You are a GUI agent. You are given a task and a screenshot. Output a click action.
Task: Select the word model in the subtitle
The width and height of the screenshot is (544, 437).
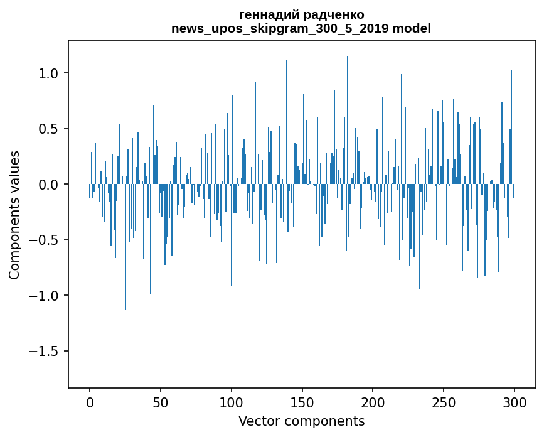(x=412, y=29)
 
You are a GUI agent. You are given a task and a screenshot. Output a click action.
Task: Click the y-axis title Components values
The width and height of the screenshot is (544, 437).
(x=14, y=215)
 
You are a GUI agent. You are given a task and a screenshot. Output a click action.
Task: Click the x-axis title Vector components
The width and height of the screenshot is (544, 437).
(x=301, y=421)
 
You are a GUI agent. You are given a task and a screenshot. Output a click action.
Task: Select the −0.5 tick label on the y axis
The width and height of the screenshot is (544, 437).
(x=46, y=240)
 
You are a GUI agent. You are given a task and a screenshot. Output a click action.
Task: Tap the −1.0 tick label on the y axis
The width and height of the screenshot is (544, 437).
(x=46, y=296)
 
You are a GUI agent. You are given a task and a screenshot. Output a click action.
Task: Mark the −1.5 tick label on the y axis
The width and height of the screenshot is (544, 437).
(x=46, y=351)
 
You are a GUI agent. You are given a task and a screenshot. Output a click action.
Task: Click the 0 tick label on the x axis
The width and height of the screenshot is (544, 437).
(x=90, y=401)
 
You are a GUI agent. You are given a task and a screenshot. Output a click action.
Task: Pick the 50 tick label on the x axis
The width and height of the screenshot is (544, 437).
(x=161, y=401)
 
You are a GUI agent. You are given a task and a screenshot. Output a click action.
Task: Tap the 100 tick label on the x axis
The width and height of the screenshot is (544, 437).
(x=232, y=401)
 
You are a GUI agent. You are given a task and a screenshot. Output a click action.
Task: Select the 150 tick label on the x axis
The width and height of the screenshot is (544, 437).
(x=302, y=401)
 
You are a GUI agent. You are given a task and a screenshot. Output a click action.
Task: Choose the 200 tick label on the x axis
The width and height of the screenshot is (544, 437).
(x=373, y=401)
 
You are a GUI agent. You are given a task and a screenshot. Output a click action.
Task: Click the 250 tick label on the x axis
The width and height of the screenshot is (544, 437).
(x=444, y=401)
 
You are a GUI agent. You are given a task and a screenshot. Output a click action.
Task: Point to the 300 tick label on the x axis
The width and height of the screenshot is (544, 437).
(x=515, y=401)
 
